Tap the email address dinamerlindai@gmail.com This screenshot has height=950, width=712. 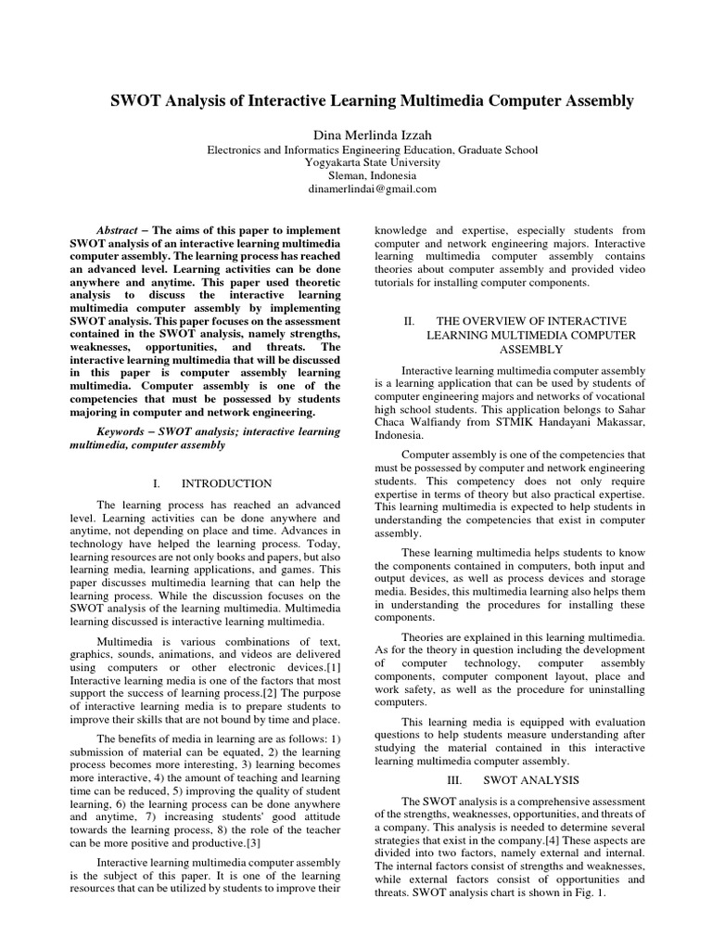[356, 188]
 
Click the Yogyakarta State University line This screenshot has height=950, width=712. [356, 161]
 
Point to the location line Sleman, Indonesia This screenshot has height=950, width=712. [356, 174]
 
